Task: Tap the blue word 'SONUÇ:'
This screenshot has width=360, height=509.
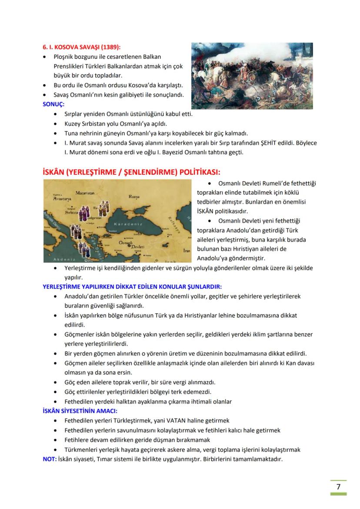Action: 53,104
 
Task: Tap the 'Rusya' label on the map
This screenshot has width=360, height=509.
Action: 134,196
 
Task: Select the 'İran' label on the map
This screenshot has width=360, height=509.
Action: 187,251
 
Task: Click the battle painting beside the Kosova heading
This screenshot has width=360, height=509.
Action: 252,76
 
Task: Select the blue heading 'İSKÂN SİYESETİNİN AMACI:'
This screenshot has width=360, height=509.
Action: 80,411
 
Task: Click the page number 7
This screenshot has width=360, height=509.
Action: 338,486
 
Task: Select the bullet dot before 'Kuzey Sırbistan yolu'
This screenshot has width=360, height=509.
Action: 55,124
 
